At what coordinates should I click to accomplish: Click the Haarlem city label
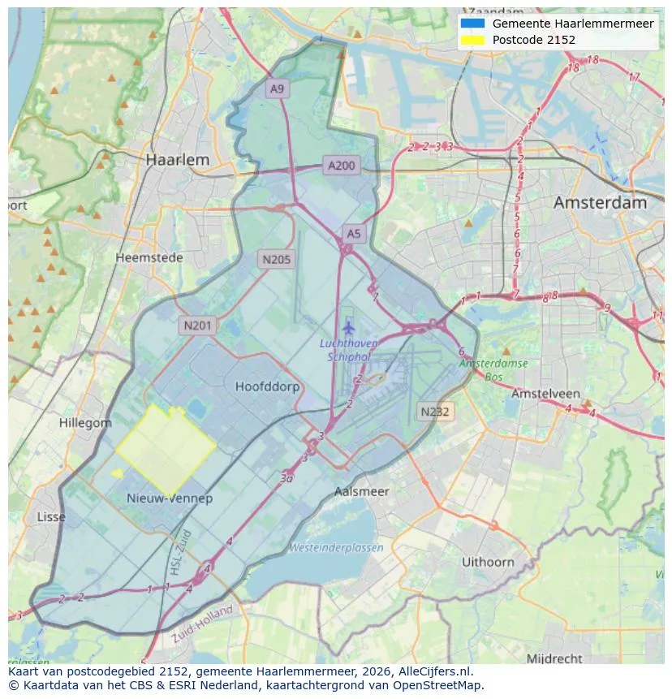tap(177, 161)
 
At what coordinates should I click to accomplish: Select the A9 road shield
tap(278, 89)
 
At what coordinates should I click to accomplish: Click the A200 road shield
tap(341, 166)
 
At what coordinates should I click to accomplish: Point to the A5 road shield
tap(354, 234)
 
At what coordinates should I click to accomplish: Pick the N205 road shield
tap(276, 260)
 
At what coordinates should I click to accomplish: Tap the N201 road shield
tap(197, 326)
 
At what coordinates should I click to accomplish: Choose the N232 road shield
tap(435, 412)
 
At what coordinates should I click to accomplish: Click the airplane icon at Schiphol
tap(349, 328)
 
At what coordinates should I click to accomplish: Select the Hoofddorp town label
tap(267, 387)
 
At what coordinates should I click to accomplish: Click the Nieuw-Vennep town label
tap(170, 498)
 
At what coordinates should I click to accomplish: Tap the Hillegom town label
tap(85, 423)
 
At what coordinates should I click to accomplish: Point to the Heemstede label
tap(149, 257)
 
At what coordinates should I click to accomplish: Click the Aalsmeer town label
tap(362, 492)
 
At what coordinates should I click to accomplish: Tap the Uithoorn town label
tap(488, 562)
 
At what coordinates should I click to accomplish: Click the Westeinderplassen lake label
tap(336, 548)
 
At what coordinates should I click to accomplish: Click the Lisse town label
tap(51, 517)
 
